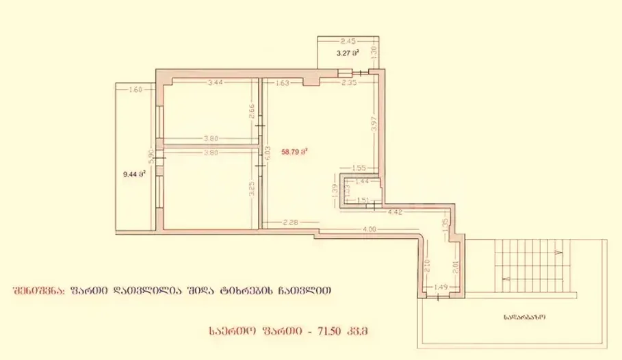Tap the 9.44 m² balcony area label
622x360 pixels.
pyautogui.click(x=133, y=175)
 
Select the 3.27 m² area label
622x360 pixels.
pyautogui.click(x=348, y=52)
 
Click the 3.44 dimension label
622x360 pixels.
pyautogui.click(x=215, y=83)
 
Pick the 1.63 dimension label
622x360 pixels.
pyautogui.click(x=283, y=83)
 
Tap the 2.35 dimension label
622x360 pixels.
pyautogui.click(x=350, y=83)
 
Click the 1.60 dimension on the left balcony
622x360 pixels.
pyautogui.click(x=135, y=90)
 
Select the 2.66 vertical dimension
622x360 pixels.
pyautogui.click(x=252, y=112)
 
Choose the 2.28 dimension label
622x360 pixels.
pyautogui.click(x=290, y=221)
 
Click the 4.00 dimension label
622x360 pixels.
pyautogui.click(x=370, y=229)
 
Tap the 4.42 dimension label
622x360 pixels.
pyautogui.click(x=394, y=213)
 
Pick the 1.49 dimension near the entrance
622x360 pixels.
pyautogui.click(x=441, y=287)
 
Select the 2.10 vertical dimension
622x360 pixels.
pyautogui.click(x=428, y=263)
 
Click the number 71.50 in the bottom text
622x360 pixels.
pyautogui.click(x=337, y=332)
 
